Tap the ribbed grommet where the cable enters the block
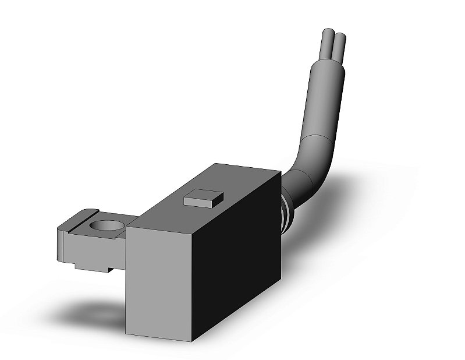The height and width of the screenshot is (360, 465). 285,213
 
